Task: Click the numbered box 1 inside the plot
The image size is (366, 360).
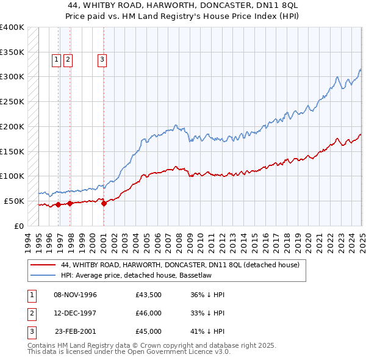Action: [x=56, y=59]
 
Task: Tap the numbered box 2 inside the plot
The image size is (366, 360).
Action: [x=67, y=59]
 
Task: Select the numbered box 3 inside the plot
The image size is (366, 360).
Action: [x=102, y=59]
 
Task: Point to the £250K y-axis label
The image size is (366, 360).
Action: [x=12, y=101]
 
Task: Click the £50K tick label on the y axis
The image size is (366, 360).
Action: [x=14, y=201]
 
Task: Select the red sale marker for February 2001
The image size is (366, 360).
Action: [x=103, y=204]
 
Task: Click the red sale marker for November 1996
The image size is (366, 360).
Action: [x=59, y=204]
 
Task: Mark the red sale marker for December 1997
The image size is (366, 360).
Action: [x=70, y=203]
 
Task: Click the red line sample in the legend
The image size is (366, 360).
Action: [x=43, y=265]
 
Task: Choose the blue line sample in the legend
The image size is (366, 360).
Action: [x=43, y=276]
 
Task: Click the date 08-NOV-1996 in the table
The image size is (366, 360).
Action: [x=76, y=295]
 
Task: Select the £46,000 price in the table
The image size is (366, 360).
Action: [x=149, y=313]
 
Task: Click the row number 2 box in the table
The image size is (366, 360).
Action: [x=32, y=313]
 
